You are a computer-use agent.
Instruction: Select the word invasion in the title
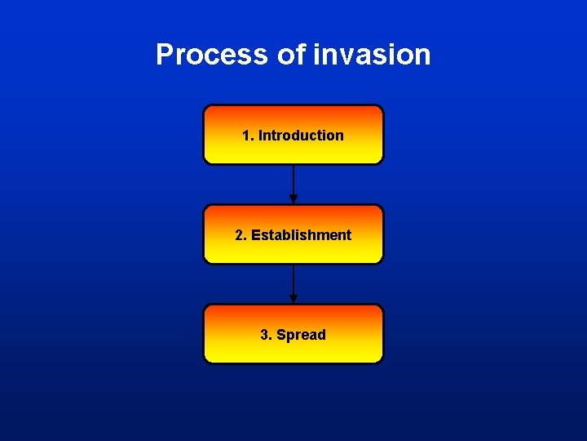372,55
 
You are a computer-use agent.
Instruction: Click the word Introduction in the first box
301,136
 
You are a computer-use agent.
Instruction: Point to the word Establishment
301,235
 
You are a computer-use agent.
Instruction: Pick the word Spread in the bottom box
301,335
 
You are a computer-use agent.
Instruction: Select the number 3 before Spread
264,335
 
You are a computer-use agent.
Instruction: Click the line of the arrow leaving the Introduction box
293,180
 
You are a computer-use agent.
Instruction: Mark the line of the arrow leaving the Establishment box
293,279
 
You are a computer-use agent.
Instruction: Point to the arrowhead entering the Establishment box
293,199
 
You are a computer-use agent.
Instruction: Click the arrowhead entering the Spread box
293,299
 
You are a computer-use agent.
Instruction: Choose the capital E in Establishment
256,235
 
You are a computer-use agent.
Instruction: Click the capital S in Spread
281,335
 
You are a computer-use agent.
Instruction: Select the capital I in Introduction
261,136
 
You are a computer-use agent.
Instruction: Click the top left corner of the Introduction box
205,107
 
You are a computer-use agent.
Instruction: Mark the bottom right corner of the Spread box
381,360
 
